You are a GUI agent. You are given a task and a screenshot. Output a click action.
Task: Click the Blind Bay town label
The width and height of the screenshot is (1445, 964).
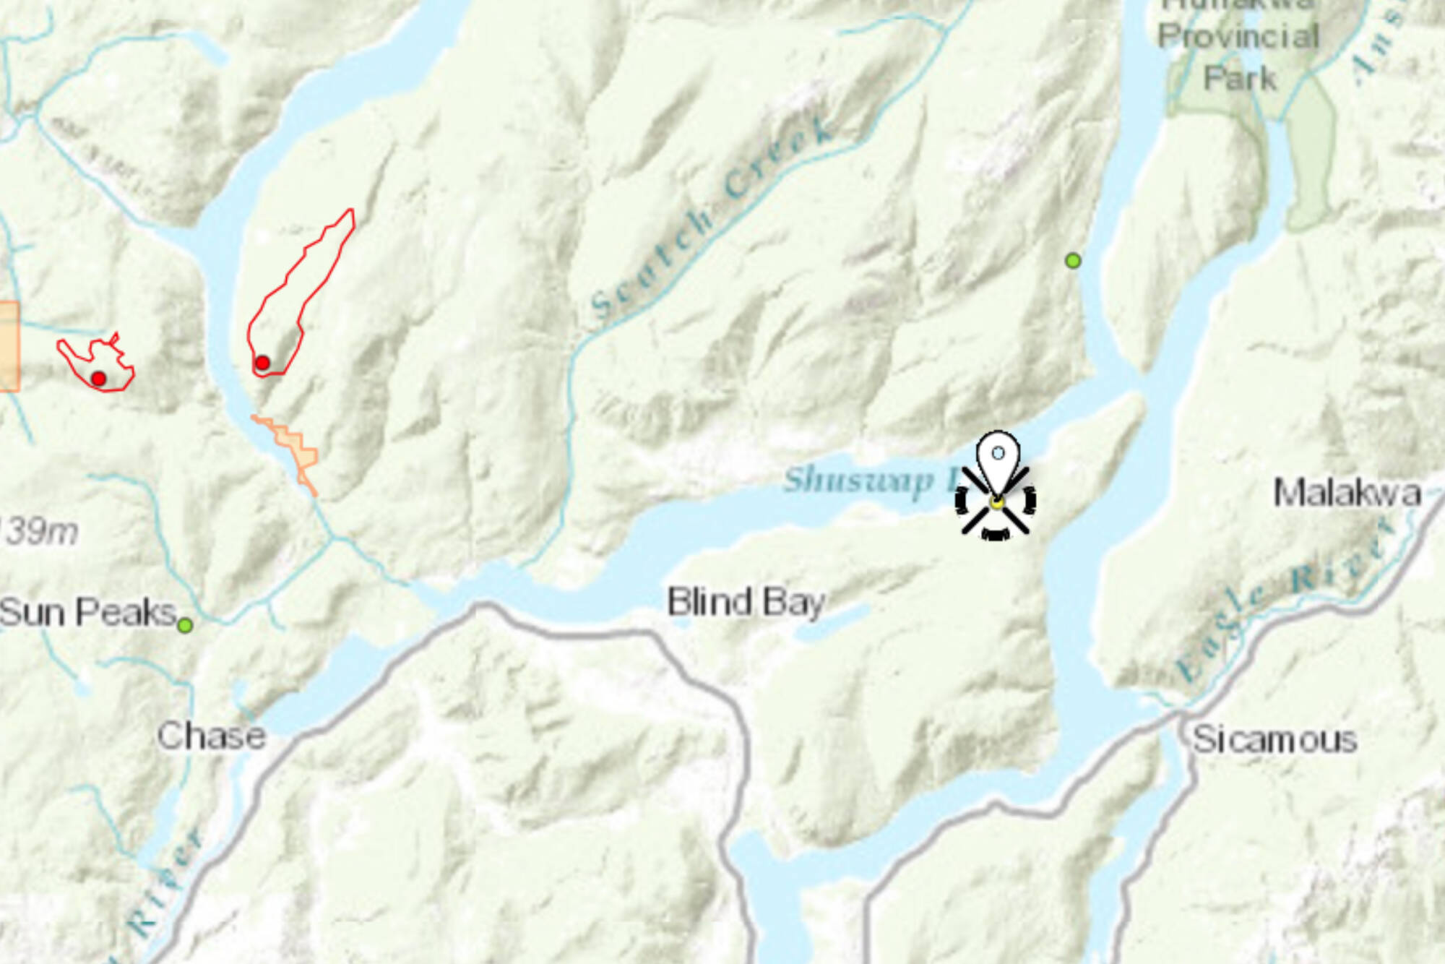pyautogui.click(x=745, y=602)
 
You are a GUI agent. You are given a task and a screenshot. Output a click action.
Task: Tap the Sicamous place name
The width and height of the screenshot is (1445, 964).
pyautogui.click(x=1274, y=739)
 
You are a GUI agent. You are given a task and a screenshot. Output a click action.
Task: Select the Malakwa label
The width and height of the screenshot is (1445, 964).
pyautogui.click(x=1347, y=493)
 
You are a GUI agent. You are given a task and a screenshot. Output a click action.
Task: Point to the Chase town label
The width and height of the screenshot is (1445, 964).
pyautogui.click(x=212, y=736)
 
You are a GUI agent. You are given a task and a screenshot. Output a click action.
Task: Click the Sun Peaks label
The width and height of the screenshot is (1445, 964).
pyautogui.click(x=87, y=612)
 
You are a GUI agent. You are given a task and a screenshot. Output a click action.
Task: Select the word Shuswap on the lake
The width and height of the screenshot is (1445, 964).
pyautogui.click(x=858, y=480)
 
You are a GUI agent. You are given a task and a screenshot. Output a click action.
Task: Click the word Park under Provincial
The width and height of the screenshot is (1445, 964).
pyautogui.click(x=1240, y=78)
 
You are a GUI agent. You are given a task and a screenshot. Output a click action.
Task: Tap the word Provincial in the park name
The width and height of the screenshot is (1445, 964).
pyautogui.click(x=1238, y=36)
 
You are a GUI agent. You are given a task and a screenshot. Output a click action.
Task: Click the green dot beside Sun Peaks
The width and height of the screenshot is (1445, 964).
pyautogui.click(x=186, y=625)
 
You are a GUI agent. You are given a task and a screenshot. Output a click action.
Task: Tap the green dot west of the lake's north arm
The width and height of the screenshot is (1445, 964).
pyautogui.click(x=1073, y=260)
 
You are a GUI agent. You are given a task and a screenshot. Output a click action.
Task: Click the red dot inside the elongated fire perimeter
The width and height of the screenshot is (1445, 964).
pyautogui.click(x=262, y=363)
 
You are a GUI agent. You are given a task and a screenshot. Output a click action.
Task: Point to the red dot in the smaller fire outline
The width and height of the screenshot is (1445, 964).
pyautogui.click(x=99, y=378)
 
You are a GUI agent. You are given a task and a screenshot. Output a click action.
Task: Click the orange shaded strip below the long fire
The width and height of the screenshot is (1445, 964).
pyautogui.click(x=297, y=448)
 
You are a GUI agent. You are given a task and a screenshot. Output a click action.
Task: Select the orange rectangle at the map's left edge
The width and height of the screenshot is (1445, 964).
pyautogui.click(x=9, y=347)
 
